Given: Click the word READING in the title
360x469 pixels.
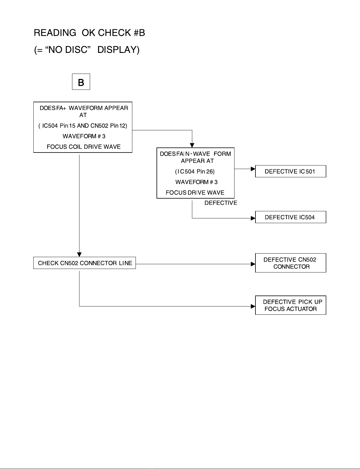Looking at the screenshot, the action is (x=55, y=33).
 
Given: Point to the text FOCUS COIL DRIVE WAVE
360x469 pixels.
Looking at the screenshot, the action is (x=84, y=147).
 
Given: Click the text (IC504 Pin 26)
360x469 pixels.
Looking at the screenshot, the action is (x=195, y=172).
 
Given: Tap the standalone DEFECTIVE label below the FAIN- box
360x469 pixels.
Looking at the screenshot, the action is (x=221, y=203).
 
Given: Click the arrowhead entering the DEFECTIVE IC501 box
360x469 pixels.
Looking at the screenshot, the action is (x=253, y=169).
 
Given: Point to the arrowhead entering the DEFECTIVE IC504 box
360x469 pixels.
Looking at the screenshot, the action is (x=253, y=218).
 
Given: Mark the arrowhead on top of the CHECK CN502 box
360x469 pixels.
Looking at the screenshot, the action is (x=79, y=255).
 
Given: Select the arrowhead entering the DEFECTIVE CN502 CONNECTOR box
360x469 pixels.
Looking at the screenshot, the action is (x=253, y=264).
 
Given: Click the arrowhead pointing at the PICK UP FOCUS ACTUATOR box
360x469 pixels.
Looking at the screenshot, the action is (x=253, y=306).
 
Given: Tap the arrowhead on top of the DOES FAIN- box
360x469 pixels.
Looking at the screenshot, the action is (x=192, y=145).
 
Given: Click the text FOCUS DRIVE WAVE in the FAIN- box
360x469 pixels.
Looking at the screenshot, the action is (x=195, y=192).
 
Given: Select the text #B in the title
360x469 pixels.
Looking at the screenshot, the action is (x=139, y=33).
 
